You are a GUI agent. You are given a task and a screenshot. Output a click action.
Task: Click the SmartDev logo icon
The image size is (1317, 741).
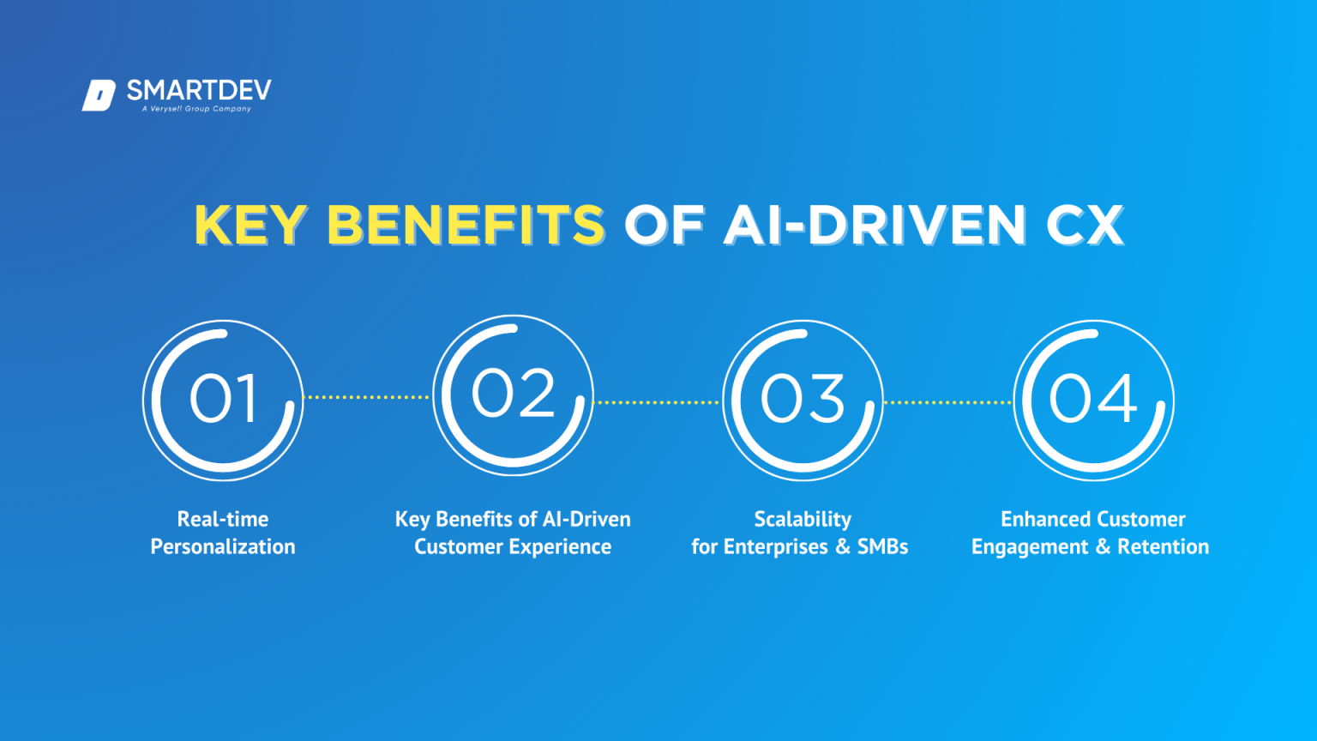[99, 95]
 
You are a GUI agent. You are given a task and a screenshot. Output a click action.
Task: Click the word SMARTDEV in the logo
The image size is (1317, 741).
[199, 90]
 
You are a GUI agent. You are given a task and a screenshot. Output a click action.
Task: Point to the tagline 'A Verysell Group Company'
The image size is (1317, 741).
[196, 109]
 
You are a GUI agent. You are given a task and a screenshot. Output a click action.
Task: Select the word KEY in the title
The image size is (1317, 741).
[250, 226]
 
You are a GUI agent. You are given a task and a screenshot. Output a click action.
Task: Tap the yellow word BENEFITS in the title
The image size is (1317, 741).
[466, 226]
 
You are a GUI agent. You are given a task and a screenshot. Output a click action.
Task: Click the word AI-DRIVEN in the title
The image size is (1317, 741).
[874, 226]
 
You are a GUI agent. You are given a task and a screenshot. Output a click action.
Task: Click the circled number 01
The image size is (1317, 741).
[223, 400]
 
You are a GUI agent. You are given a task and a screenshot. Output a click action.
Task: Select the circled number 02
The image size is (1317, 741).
[513, 395]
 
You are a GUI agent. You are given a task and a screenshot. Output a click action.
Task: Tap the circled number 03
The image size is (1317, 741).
[803, 400]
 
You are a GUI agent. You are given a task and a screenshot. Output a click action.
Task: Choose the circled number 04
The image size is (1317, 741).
[1093, 400]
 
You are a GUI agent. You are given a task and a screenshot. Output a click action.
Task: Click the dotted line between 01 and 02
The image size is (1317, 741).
[367, 397]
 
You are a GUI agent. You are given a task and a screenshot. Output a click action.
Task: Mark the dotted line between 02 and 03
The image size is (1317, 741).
[657, 401]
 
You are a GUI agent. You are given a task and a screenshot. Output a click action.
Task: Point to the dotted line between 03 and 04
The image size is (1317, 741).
[947, 401]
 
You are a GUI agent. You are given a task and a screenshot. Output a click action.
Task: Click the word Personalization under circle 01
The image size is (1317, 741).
[223, 547]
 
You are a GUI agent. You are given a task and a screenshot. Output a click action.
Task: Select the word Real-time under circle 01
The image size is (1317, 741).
[223, 519]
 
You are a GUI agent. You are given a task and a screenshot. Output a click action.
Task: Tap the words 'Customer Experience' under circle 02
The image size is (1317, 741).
[513, 547]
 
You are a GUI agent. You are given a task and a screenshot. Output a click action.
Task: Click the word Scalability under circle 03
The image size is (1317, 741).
[803, 520]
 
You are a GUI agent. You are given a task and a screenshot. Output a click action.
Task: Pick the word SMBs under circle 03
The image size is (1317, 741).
[882, 547]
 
